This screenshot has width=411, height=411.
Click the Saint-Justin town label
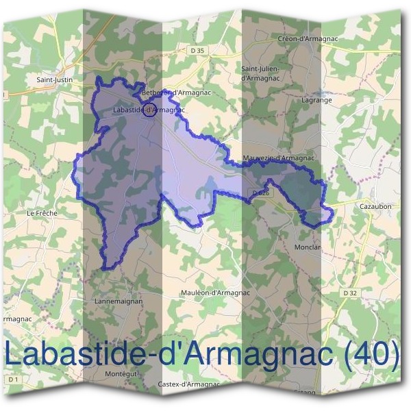pyautogui.click(x=54, y=79)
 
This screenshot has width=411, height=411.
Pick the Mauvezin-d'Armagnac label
pyautogui.click(x=278, y=158)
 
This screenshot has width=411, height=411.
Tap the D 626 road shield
pyautogui.click(x=260, y=194)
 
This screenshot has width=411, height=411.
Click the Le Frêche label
pyautogui.click(x=42, y=213)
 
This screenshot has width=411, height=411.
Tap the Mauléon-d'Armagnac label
pyautogui.click(x=214, y=292)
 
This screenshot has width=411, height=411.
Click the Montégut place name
pyautogui.click(x=122, y=373)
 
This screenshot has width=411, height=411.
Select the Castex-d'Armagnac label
pyautogui.click(x=189, y=384)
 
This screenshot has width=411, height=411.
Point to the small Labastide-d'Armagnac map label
pyautogui.click(x=137, y=110)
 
